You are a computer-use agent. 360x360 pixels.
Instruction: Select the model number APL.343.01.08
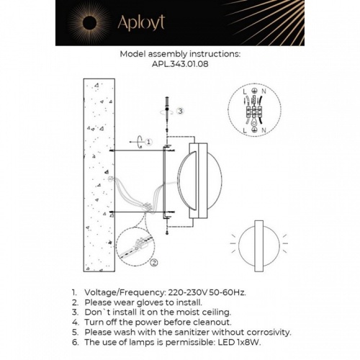[180, 63]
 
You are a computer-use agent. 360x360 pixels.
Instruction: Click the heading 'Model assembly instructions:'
[180, 53]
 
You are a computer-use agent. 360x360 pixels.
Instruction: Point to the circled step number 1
[147, 142]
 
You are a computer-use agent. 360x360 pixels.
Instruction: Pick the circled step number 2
[153, 264]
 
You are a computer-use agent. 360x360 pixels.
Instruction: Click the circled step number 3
[181, 111]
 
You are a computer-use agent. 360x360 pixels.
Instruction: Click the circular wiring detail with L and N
[253, 111]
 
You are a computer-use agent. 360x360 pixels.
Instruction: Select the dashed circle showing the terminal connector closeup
[136, 249]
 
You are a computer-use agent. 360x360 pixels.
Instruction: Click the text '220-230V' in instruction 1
[185, 293]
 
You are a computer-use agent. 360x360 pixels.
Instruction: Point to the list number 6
[74, 342]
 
